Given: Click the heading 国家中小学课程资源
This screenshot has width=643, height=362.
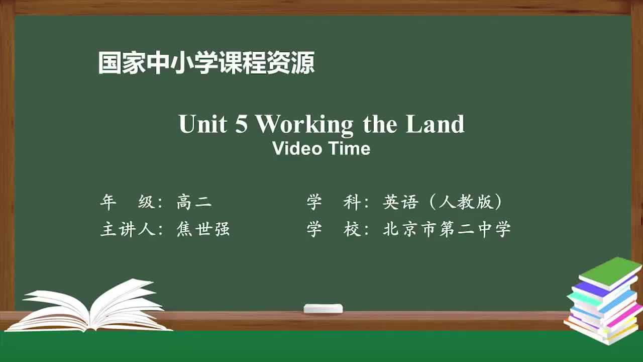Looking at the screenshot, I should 206,64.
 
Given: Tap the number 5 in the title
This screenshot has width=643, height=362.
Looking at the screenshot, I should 242,124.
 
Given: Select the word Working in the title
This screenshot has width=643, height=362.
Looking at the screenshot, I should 304,124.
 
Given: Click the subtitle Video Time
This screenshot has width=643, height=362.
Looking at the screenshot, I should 321,149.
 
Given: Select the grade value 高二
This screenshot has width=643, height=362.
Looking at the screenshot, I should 194,203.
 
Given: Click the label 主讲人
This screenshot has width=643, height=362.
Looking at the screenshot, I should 128,229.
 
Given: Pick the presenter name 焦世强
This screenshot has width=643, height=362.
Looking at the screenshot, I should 203,229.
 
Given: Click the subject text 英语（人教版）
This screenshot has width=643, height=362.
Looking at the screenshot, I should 443,203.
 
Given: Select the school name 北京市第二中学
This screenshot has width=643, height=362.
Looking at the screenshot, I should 447,229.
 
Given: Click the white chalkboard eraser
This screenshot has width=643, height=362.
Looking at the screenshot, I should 323,308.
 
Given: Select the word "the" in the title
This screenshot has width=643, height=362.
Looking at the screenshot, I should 380,124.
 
